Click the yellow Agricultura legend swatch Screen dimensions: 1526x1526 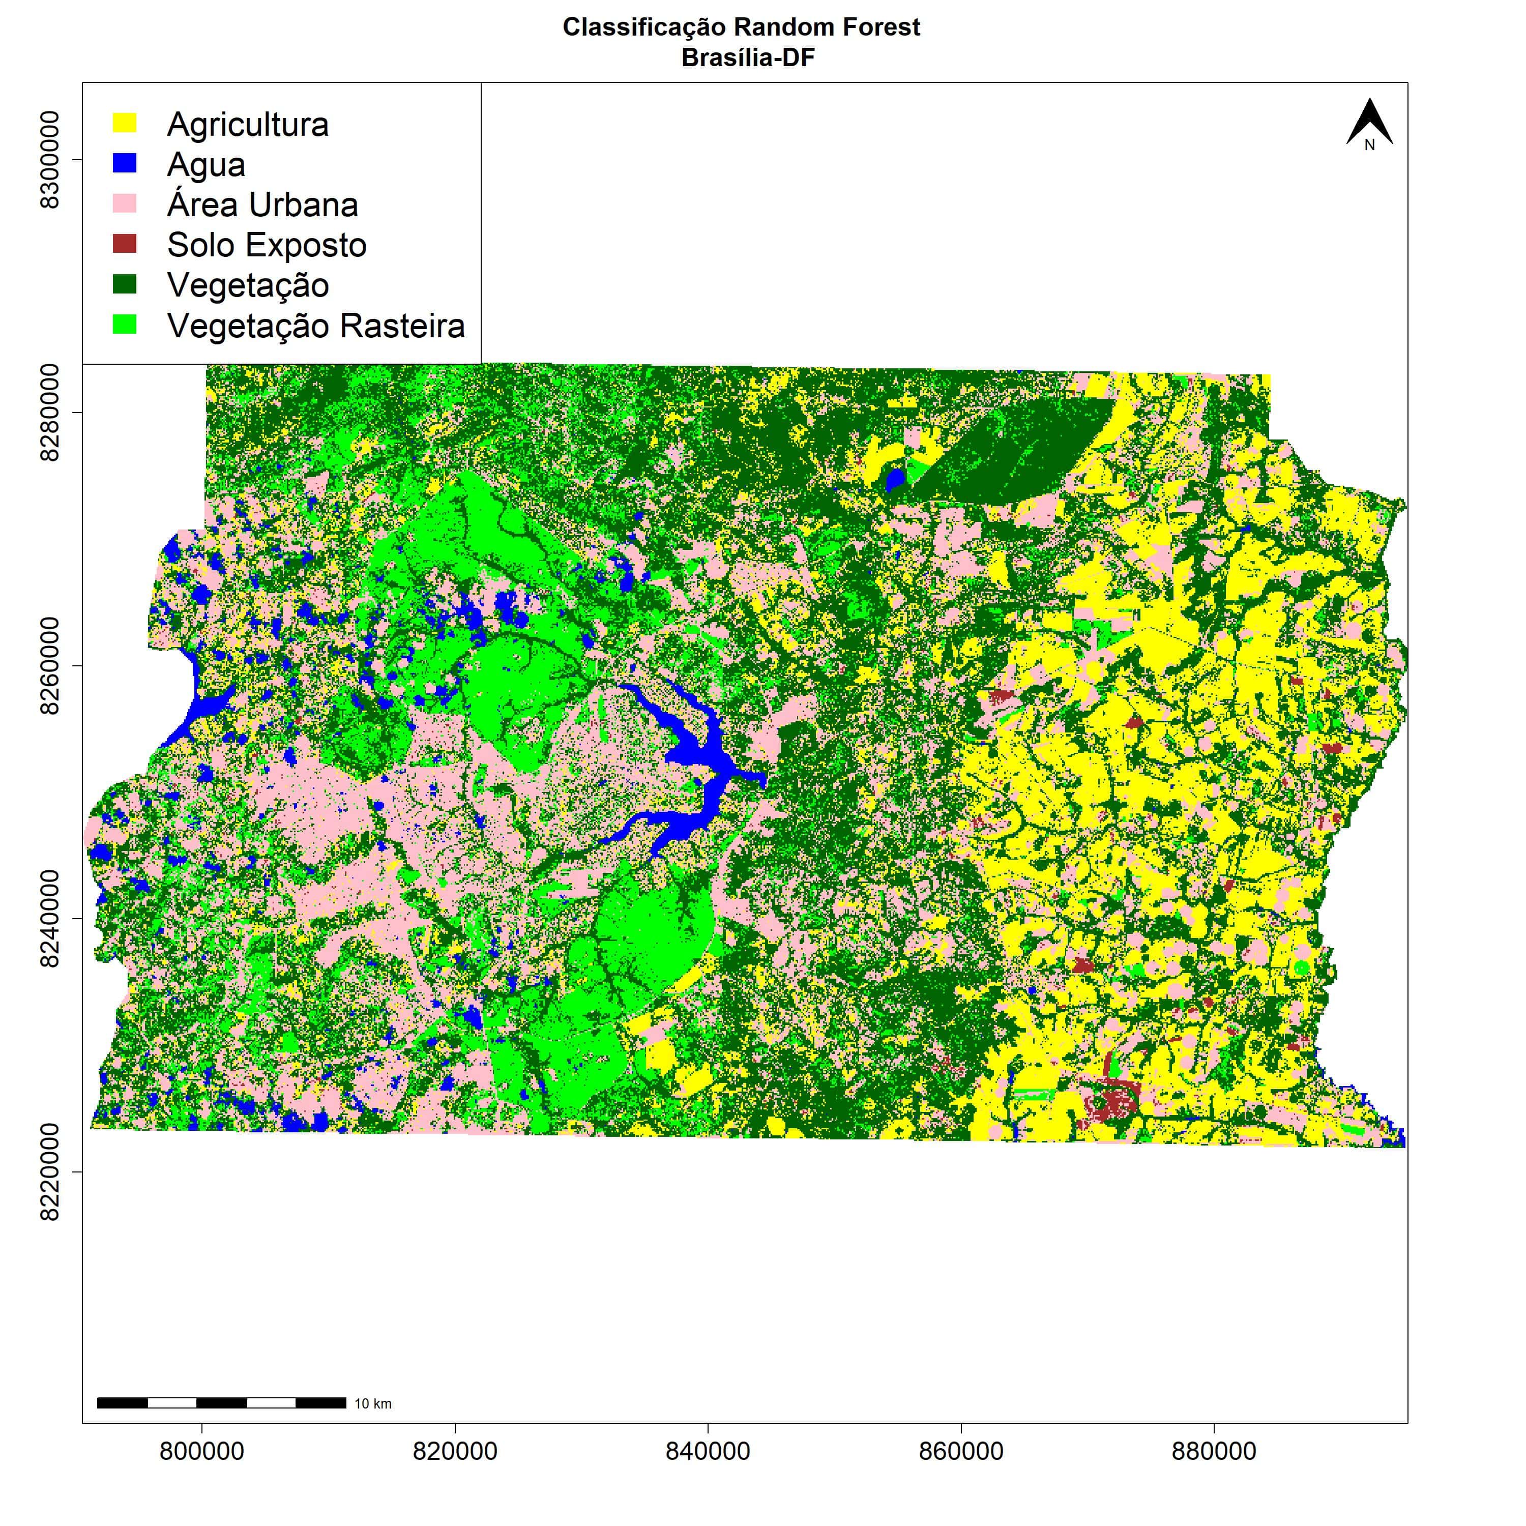125,123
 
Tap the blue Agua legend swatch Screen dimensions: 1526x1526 125,163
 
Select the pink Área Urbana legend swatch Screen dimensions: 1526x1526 125,204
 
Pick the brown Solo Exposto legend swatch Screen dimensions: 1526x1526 125,244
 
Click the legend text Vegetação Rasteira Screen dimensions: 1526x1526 316,326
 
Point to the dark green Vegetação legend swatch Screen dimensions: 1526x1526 125,284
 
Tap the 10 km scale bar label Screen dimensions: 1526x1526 373,1403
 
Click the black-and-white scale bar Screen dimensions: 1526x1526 221,1403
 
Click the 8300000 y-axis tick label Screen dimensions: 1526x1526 49,160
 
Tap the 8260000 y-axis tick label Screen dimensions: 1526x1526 49,666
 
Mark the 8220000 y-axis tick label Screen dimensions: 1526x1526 49,1171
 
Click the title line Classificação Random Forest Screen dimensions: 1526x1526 741,27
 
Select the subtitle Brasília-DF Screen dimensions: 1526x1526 748,57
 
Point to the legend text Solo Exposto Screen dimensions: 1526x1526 267,245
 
